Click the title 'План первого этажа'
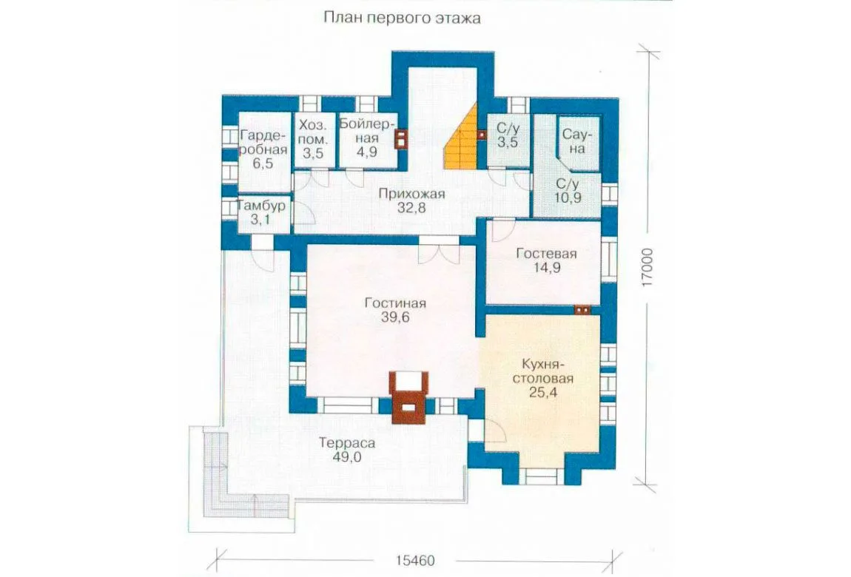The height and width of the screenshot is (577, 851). point(402,18)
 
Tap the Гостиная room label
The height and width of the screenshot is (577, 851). point(395,303)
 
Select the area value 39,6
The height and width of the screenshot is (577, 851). point(395,318)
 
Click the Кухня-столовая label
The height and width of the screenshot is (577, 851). point(543,371)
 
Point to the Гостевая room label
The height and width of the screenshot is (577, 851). point(547,253)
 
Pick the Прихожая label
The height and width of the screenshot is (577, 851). point(411,194)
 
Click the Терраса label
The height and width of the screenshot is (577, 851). point(347,443)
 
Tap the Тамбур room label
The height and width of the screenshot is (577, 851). point(261,206)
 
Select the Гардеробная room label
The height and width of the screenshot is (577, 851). point(263,142)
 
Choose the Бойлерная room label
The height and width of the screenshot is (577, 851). point(368,131)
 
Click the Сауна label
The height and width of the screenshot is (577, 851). point(577,141)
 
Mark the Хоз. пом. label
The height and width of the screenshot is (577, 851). point(313,132)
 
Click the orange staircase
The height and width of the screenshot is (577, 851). point(461,136)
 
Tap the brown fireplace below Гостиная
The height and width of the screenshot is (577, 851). point(410,397)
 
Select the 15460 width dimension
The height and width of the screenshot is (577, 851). point(415,560)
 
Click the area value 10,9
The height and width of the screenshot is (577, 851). point(568,198)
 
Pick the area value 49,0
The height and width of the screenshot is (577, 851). point(347,457)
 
